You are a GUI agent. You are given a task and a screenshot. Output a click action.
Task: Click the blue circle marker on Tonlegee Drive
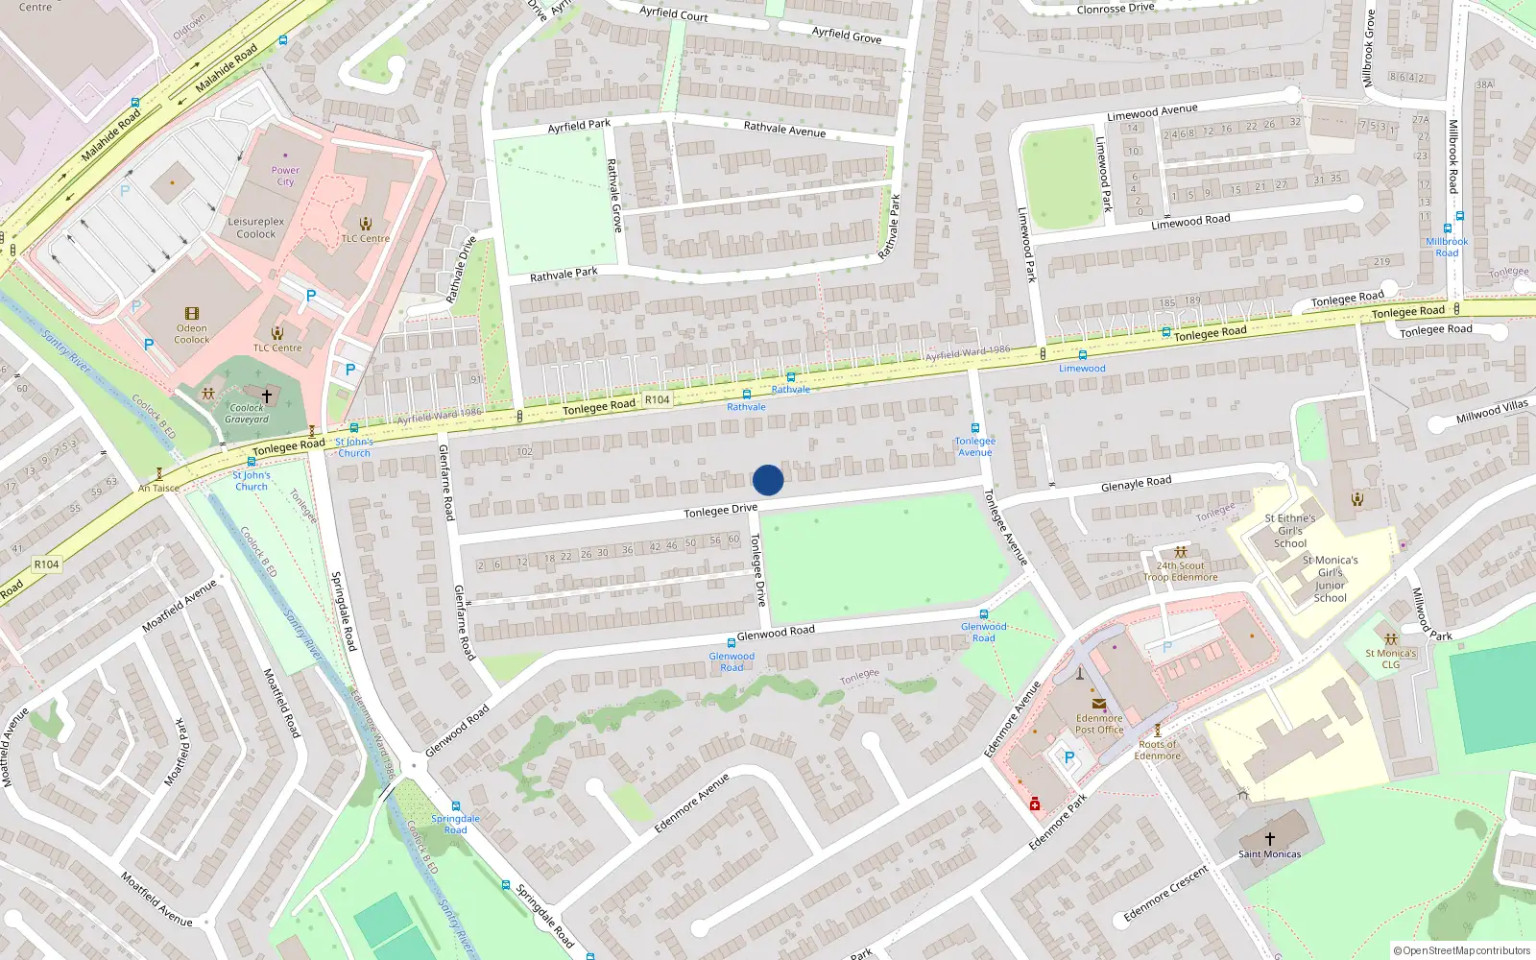pos(768,480)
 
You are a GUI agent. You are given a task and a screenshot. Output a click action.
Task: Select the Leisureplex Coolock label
pos(256,228)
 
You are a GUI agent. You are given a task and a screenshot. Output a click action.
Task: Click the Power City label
pos(285,176)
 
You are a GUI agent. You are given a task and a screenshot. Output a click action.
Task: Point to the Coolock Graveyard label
pos(247,414)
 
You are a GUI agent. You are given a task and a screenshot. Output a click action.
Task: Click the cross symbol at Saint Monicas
pos(1270,838)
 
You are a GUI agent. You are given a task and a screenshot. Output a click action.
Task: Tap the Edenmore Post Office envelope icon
pos(1099,704)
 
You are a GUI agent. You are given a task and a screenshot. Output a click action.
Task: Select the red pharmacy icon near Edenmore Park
pos(1035,804)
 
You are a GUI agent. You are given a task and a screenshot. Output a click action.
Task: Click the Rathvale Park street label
pos(564,275)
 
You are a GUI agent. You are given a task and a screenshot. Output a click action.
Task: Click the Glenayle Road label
pos(1136,483)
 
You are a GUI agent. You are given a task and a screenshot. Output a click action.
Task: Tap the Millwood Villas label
pos(1492,411)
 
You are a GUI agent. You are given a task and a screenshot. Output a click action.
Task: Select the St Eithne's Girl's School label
pos(1290,531)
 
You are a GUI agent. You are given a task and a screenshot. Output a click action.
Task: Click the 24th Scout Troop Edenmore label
pos(1180,571)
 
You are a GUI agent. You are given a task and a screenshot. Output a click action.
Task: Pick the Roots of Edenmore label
pos(1158,750)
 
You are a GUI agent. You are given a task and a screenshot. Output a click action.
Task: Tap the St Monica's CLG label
pos(1391,659)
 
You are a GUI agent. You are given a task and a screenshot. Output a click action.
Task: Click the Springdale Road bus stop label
pos(455,824)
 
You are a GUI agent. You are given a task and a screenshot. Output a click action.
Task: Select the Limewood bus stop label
pos(1082,369)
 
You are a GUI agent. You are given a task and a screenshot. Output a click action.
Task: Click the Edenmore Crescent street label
pos(1166,894)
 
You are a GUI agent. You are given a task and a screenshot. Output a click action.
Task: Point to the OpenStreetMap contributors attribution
pos(1462,950)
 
